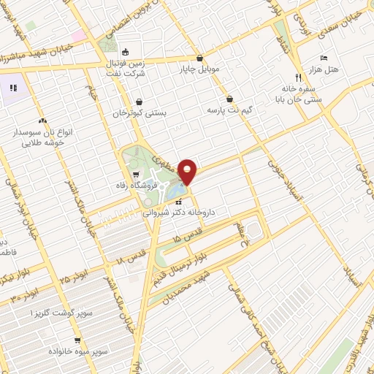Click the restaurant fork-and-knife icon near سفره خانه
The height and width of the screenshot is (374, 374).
298,77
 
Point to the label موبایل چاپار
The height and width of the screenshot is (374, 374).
200,70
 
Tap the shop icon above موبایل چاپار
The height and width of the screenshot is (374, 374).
200,58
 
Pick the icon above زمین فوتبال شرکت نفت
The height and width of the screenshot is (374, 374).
125,52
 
